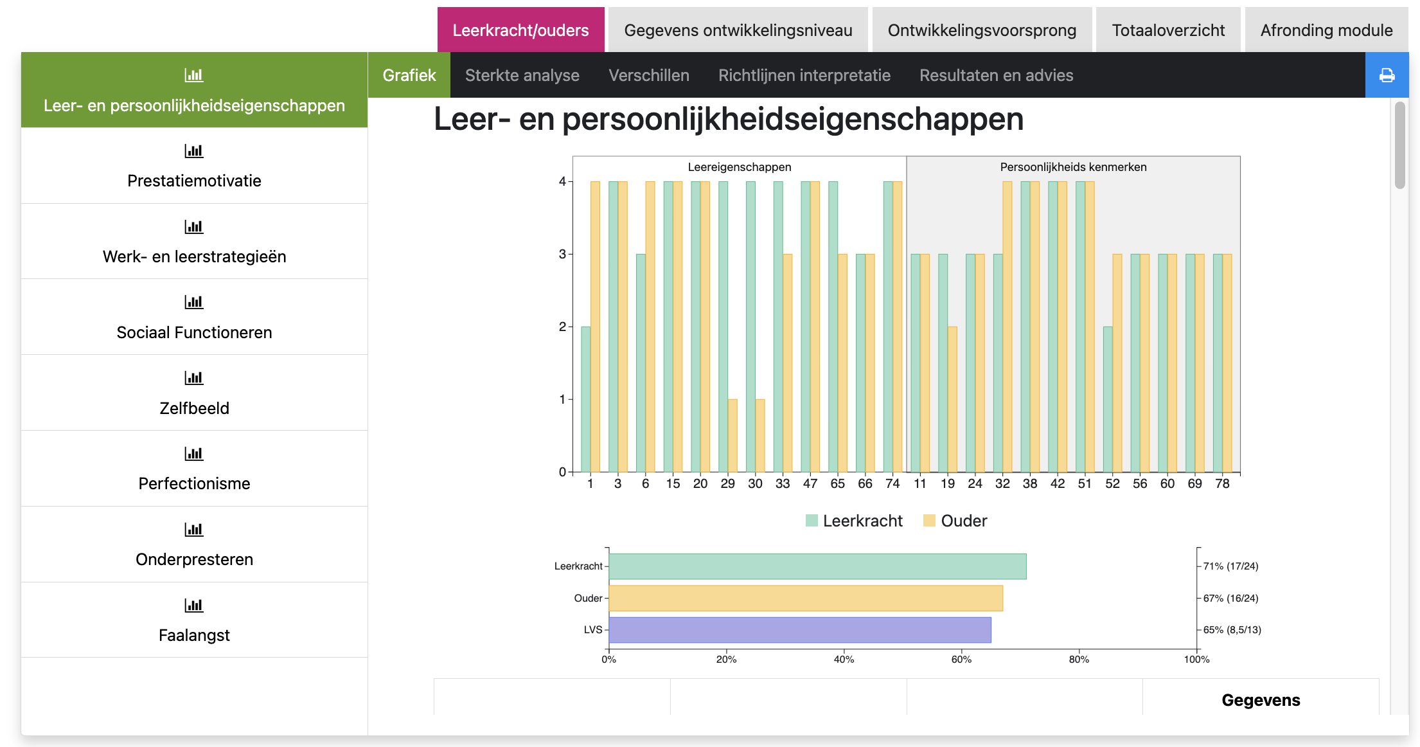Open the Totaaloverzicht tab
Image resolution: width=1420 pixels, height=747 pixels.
pos(1167,30)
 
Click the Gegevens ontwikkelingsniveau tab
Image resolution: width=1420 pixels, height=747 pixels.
pos(738,30)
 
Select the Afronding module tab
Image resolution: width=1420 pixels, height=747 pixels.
pos(1326,30)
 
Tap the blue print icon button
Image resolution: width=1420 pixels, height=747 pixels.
pos(1387,75)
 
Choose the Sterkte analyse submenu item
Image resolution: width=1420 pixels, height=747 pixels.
pos(522,75)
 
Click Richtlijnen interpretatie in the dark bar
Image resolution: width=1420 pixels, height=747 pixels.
pos(804,75)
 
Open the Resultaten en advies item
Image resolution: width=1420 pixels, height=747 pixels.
pos(996,75)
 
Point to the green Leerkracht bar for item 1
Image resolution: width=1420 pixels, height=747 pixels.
pos(585,399)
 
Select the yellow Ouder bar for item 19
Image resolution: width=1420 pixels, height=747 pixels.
pos(952,399)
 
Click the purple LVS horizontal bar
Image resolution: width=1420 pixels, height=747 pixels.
pos(799,630)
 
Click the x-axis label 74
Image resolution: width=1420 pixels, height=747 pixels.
pos(892,483)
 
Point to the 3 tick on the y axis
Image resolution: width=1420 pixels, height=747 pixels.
pos(562,254)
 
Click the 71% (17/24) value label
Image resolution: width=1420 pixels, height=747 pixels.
pos(1230,566)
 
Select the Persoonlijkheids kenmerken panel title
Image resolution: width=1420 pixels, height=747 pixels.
pos(1073,167)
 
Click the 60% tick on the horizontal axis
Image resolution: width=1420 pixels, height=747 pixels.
pos(961,659)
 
